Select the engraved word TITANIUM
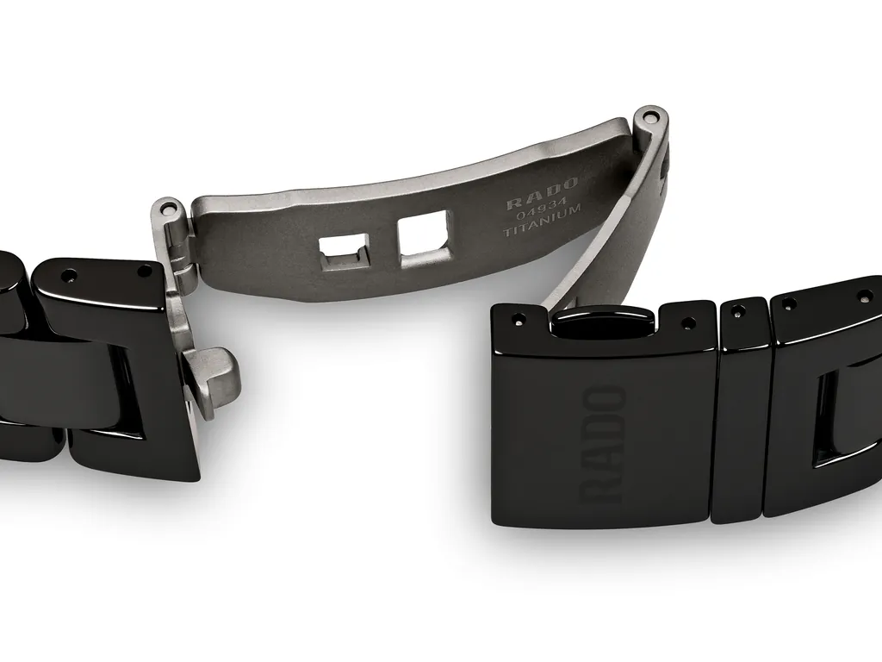tap(543, 232)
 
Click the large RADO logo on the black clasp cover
tap(604, 444)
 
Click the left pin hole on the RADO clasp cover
tap(517, 320)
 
